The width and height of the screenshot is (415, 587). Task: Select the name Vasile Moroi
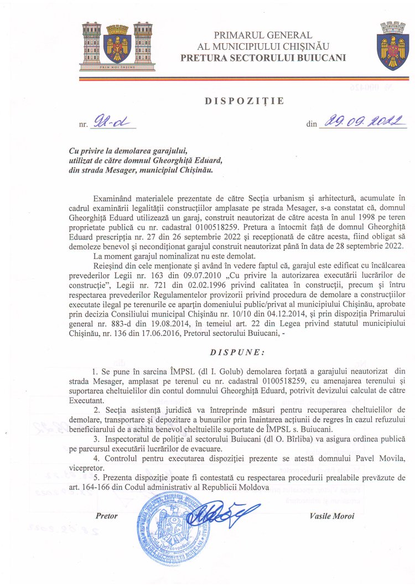point(332,516)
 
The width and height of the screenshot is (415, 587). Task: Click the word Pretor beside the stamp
point(107,516)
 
